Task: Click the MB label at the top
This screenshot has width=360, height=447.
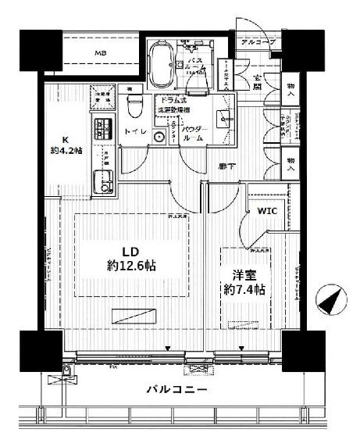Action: (102, 53)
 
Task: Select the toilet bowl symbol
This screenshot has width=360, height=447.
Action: (134, 104)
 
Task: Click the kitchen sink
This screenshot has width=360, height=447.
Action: (102, 184)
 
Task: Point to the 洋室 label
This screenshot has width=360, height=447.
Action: (243, 276)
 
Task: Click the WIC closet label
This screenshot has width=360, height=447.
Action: (258, 211)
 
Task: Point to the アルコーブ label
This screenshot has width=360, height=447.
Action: (256, 43)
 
